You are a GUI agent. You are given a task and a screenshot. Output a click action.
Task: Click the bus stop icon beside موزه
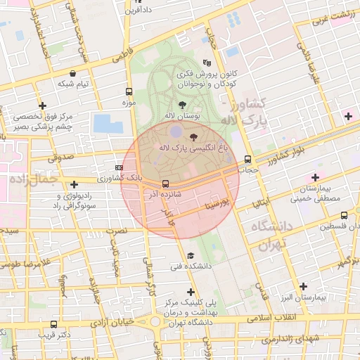pyautogui.click(x=128, y=91)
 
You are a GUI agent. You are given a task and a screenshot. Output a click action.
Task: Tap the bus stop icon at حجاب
pyautogui.click(x=247, y=159)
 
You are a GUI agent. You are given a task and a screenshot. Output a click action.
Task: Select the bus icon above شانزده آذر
pyautogui.click(x=165, y=184)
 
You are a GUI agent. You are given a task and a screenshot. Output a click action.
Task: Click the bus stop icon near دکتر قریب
pyautogui.click(x=54, y=324)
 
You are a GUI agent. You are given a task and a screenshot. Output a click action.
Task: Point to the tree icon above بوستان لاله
pyautogui.click(x=182, y=104)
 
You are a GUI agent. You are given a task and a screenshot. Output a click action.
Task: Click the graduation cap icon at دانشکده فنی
pyautogui.click(x=191, y=255)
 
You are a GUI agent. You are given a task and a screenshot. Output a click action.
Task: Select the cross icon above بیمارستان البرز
pyautogui.click(x=303, y=286)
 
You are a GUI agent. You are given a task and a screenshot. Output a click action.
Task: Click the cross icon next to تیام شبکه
pyautogui.click(x=42, y=105)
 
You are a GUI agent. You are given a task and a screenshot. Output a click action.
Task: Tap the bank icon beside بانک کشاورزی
pyautogui.click(x=119, y=167)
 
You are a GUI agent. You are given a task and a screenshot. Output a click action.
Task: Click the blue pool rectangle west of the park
pyautogui.click(x=108, y=123)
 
